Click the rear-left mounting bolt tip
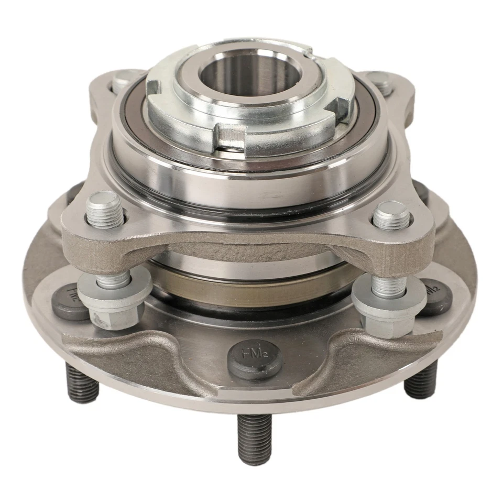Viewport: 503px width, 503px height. tap(122, 80)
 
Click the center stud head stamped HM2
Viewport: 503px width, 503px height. tap(255, 358)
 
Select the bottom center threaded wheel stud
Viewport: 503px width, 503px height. tap(254, 439)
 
